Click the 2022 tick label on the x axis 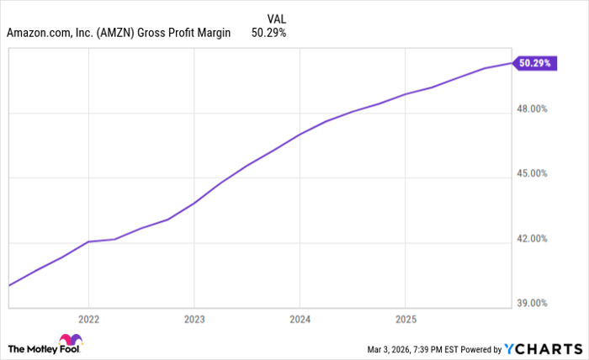tap(88, 320)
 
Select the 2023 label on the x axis tap(194, 320)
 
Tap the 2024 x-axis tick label tap(300, 320)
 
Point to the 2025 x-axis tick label tap(405, 320)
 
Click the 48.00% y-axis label tap(532, 109)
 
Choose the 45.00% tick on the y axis tap(532, 173)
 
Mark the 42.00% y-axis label tap(532, 238)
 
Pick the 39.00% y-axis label tap(532, 303)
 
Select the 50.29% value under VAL tap(269, 34)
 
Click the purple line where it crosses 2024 tap(300, 134)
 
